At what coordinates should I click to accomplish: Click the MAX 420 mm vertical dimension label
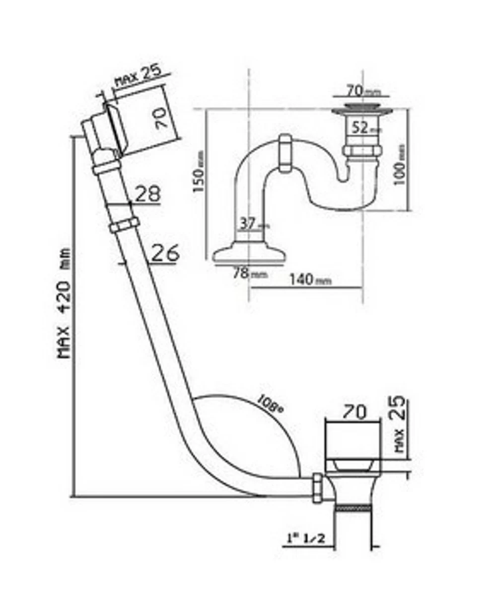(x=64, y=303)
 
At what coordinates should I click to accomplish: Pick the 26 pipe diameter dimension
(x=164, y=253)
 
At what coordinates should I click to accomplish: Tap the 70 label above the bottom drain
(x=354, y=411)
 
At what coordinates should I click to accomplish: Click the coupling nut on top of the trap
(x=285, y=153)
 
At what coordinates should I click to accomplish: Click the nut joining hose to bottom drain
(x=317, y=488)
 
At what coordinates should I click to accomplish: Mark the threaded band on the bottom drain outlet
(x=353, y=508)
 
